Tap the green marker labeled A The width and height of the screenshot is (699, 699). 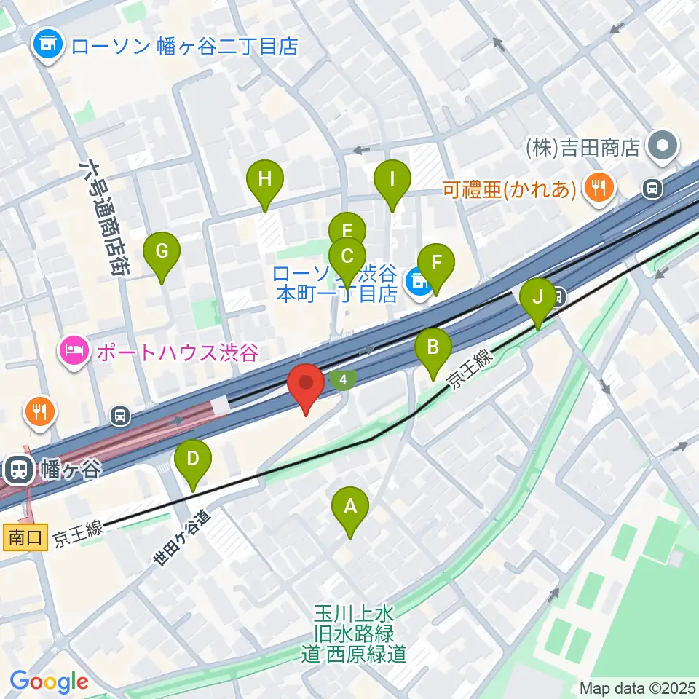pyautogui.click(x=350, y=508)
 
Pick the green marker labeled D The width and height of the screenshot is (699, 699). pyautogui.click(x=193, y=462)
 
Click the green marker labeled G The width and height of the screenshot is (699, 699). pyautogui.click(x=162, y=253)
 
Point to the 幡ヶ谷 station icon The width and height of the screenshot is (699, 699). pyautogui.click(x=17, y=470)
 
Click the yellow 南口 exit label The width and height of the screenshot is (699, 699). pyautogui.click(x=25, y=539)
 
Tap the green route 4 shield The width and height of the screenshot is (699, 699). pyautogui.click(x=343, y=379)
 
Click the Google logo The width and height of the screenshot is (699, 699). pyautogui.click(x=49, y=682)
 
